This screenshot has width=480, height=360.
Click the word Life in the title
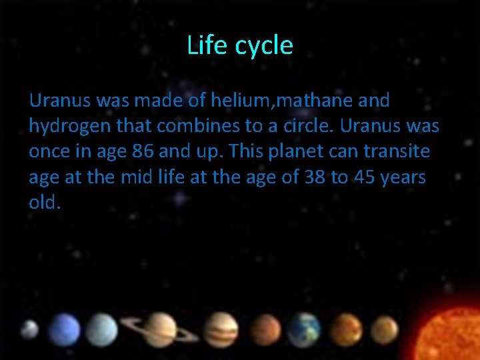pyautogui.click(x=202, y=45)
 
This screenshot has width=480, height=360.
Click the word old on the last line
pyautogui.click(x=44, y=203)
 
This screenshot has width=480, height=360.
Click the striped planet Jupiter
pyautogui.click(x=221, y=329)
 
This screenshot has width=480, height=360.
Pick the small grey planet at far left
pyautogui.click(x=29, y=329)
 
